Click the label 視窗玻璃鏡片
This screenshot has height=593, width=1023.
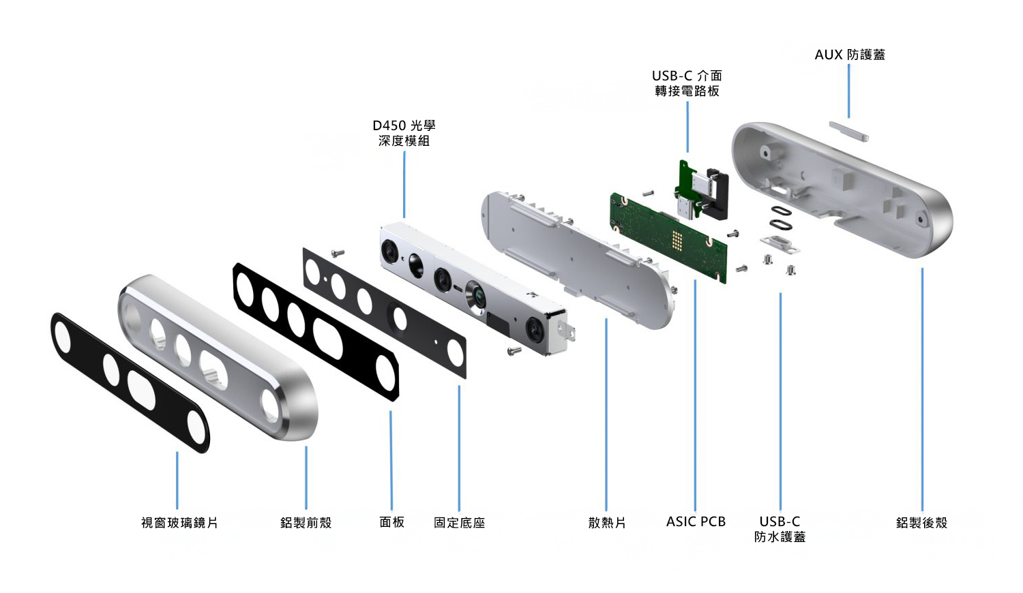[179, 523]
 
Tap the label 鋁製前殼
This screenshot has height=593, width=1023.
[306, 523]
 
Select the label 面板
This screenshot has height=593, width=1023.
[391, 522]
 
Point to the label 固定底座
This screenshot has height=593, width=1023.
[459, 523]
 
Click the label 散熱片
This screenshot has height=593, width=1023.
[606, 523]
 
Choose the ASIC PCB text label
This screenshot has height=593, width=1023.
[696, 522]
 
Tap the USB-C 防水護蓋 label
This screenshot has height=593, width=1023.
[780, 529]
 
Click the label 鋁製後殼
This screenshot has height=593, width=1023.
[921, 523]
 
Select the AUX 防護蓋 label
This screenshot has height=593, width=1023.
[850, 55]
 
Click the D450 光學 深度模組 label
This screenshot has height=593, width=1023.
[404, 133]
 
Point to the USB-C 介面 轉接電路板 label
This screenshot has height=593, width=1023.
[687, 83]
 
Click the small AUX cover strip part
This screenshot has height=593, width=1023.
[849, 131]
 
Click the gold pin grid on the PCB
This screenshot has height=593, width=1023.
[677, 239]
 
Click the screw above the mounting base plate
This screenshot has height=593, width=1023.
[337, 253]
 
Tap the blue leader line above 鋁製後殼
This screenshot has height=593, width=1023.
[922, 389]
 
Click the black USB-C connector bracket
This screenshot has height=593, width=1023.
[716, 194]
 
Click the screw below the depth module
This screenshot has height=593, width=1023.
[514, 351]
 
